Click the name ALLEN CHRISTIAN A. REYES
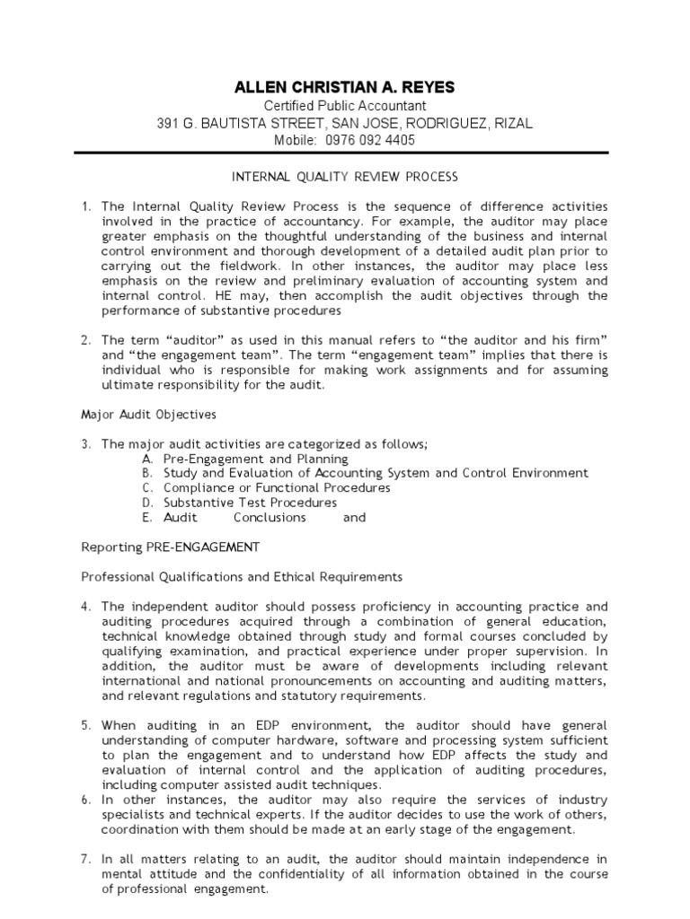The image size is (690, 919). coord(344,87)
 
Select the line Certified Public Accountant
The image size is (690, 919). coord(344,106)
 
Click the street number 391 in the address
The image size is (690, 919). coord(170,124)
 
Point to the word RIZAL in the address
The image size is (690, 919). coord(513,124)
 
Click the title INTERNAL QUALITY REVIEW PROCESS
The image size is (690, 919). coord(345,177)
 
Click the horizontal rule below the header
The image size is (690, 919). coord(344,153)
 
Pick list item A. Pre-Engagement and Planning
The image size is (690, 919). coord(244,459)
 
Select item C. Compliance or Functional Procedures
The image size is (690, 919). coord(265,487)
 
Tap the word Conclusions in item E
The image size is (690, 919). coord(270,518)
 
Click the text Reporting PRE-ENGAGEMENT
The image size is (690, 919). coord(170,547)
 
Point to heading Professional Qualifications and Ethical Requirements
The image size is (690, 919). coord(243,576)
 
